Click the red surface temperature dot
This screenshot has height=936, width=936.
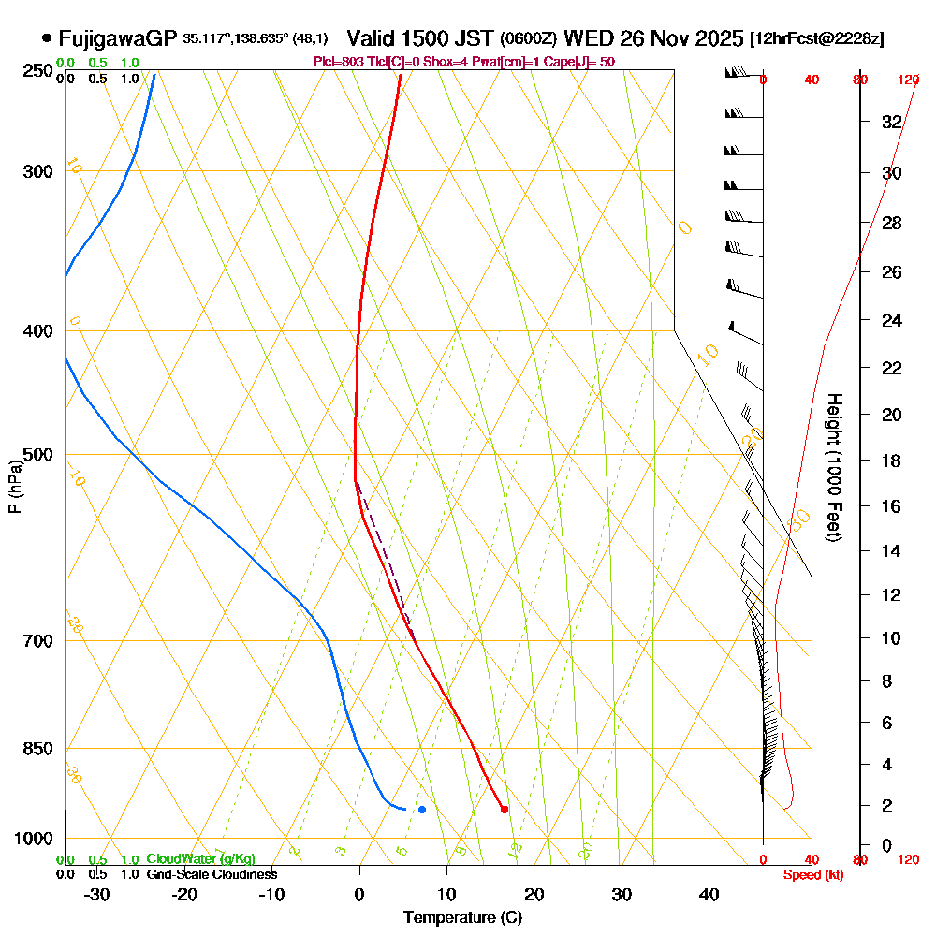[x=505, y=810]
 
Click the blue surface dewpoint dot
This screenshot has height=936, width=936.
[x=422, y=809]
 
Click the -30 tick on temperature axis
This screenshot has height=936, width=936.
[x=96, y=894]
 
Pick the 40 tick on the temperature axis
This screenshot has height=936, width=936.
[x=709, y=894]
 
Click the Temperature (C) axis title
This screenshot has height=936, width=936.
[x=462, y=917]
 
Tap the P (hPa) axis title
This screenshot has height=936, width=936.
[x=14, y=486]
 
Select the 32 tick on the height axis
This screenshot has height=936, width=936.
[x=892, y=122]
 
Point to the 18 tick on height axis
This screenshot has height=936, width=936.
[x=892, y=461]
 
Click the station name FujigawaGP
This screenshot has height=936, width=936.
[x=117, y=38]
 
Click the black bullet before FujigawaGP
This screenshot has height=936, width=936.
[x=47, y=38]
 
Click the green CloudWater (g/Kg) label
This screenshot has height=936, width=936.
[x=200, y=859]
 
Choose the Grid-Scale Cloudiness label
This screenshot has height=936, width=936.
[x=212, y=874]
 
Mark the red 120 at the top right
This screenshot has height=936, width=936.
[x=908, y=80]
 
